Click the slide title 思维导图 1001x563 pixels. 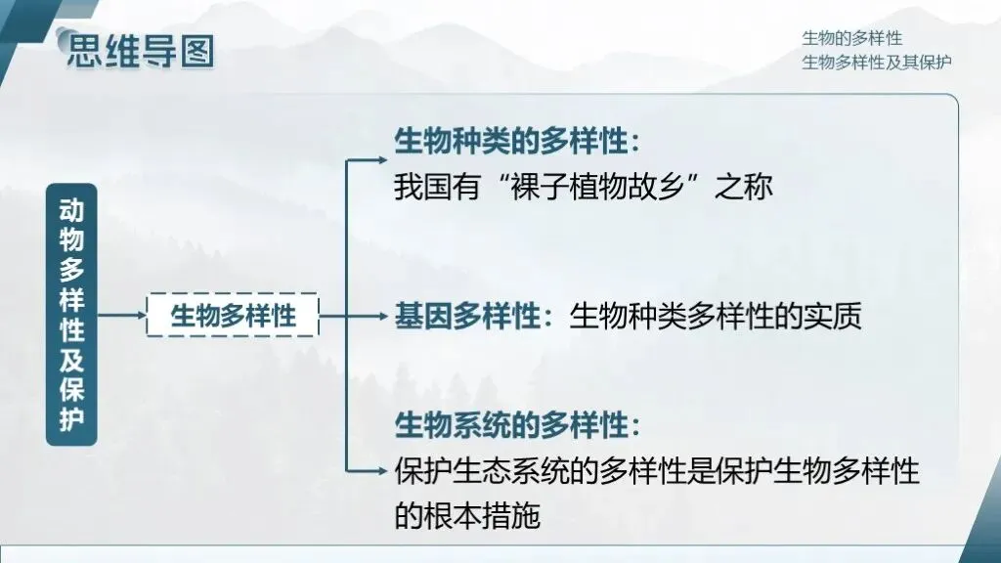pyautogui.click(x=140, y=51)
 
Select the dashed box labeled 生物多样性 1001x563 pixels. pyautogui.click(x=233, y=315)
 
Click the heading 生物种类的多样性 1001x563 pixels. pyautogui.click(x=510, y=142)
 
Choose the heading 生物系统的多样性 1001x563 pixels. pyautogui.click(x=510, y=426)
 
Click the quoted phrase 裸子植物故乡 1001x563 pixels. pyautogui.click(x=603, y=186)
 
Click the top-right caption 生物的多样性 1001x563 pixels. pyautogui.click(x=851, y=38)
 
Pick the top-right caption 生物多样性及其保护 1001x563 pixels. pyautogui.click(x=877, y=62)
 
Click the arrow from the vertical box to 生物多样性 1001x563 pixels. pyautogui.click(x=121, y=316)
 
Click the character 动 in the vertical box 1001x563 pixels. pyautogui.click(x=71, y=210)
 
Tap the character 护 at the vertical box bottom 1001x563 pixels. pyautogui.click(x=71, y=418)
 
